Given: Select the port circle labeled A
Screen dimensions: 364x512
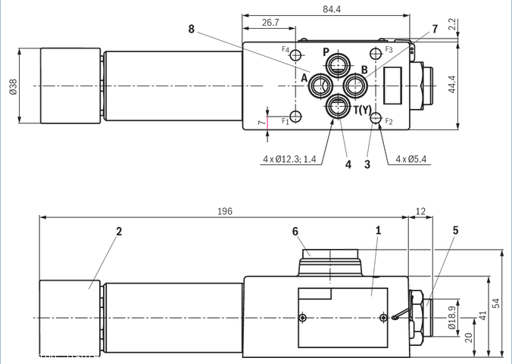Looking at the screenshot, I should tap(319, 86).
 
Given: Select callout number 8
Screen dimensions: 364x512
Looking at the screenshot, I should tap(192, 30).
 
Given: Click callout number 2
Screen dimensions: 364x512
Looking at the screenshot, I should tap(119, 231).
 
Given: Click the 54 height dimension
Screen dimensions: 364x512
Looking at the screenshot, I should tap(497, 303).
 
